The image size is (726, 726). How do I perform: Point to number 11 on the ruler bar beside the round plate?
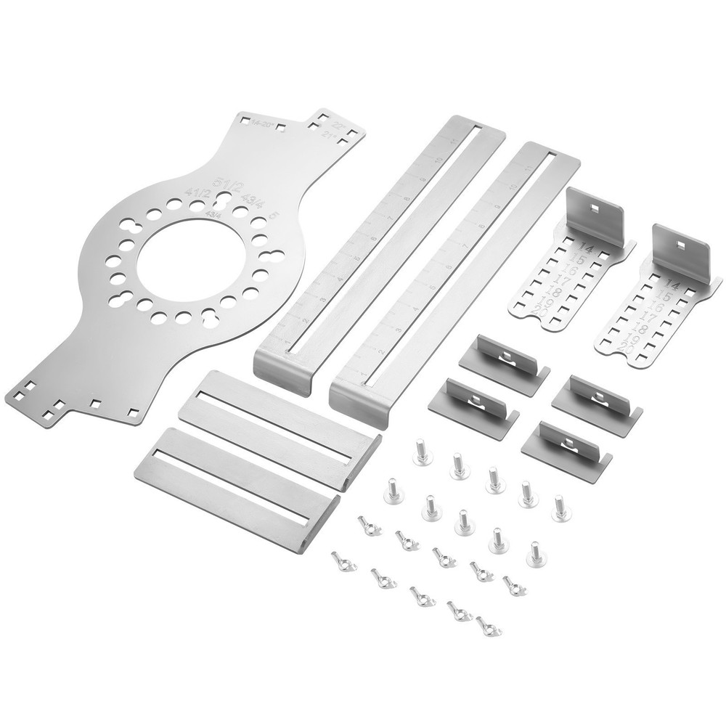pos(455,139)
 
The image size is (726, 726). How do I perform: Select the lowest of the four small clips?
pos(566,442)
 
